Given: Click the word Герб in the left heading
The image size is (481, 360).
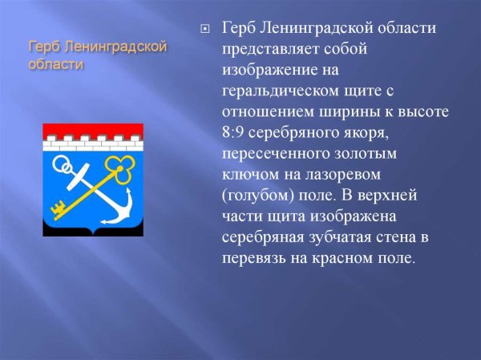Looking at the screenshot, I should point(42,47).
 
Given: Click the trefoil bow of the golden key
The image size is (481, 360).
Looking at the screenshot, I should point(122,167).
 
